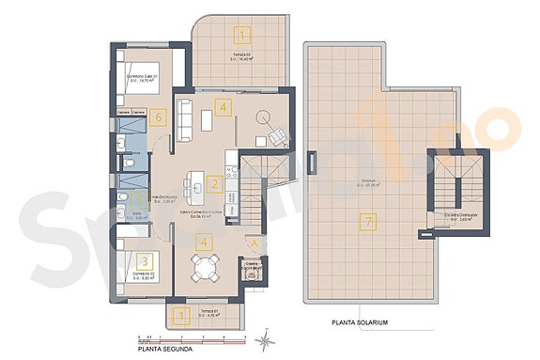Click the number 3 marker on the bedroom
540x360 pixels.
pos(144,261)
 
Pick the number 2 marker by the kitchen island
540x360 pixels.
pos(215,184)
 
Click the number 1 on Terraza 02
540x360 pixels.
pos(243,37)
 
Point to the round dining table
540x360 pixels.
pos(203,270)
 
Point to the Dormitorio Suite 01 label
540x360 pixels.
pos(142,80)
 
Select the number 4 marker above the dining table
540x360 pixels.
pos(204,240)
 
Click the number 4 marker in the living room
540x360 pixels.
pos(222,106)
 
